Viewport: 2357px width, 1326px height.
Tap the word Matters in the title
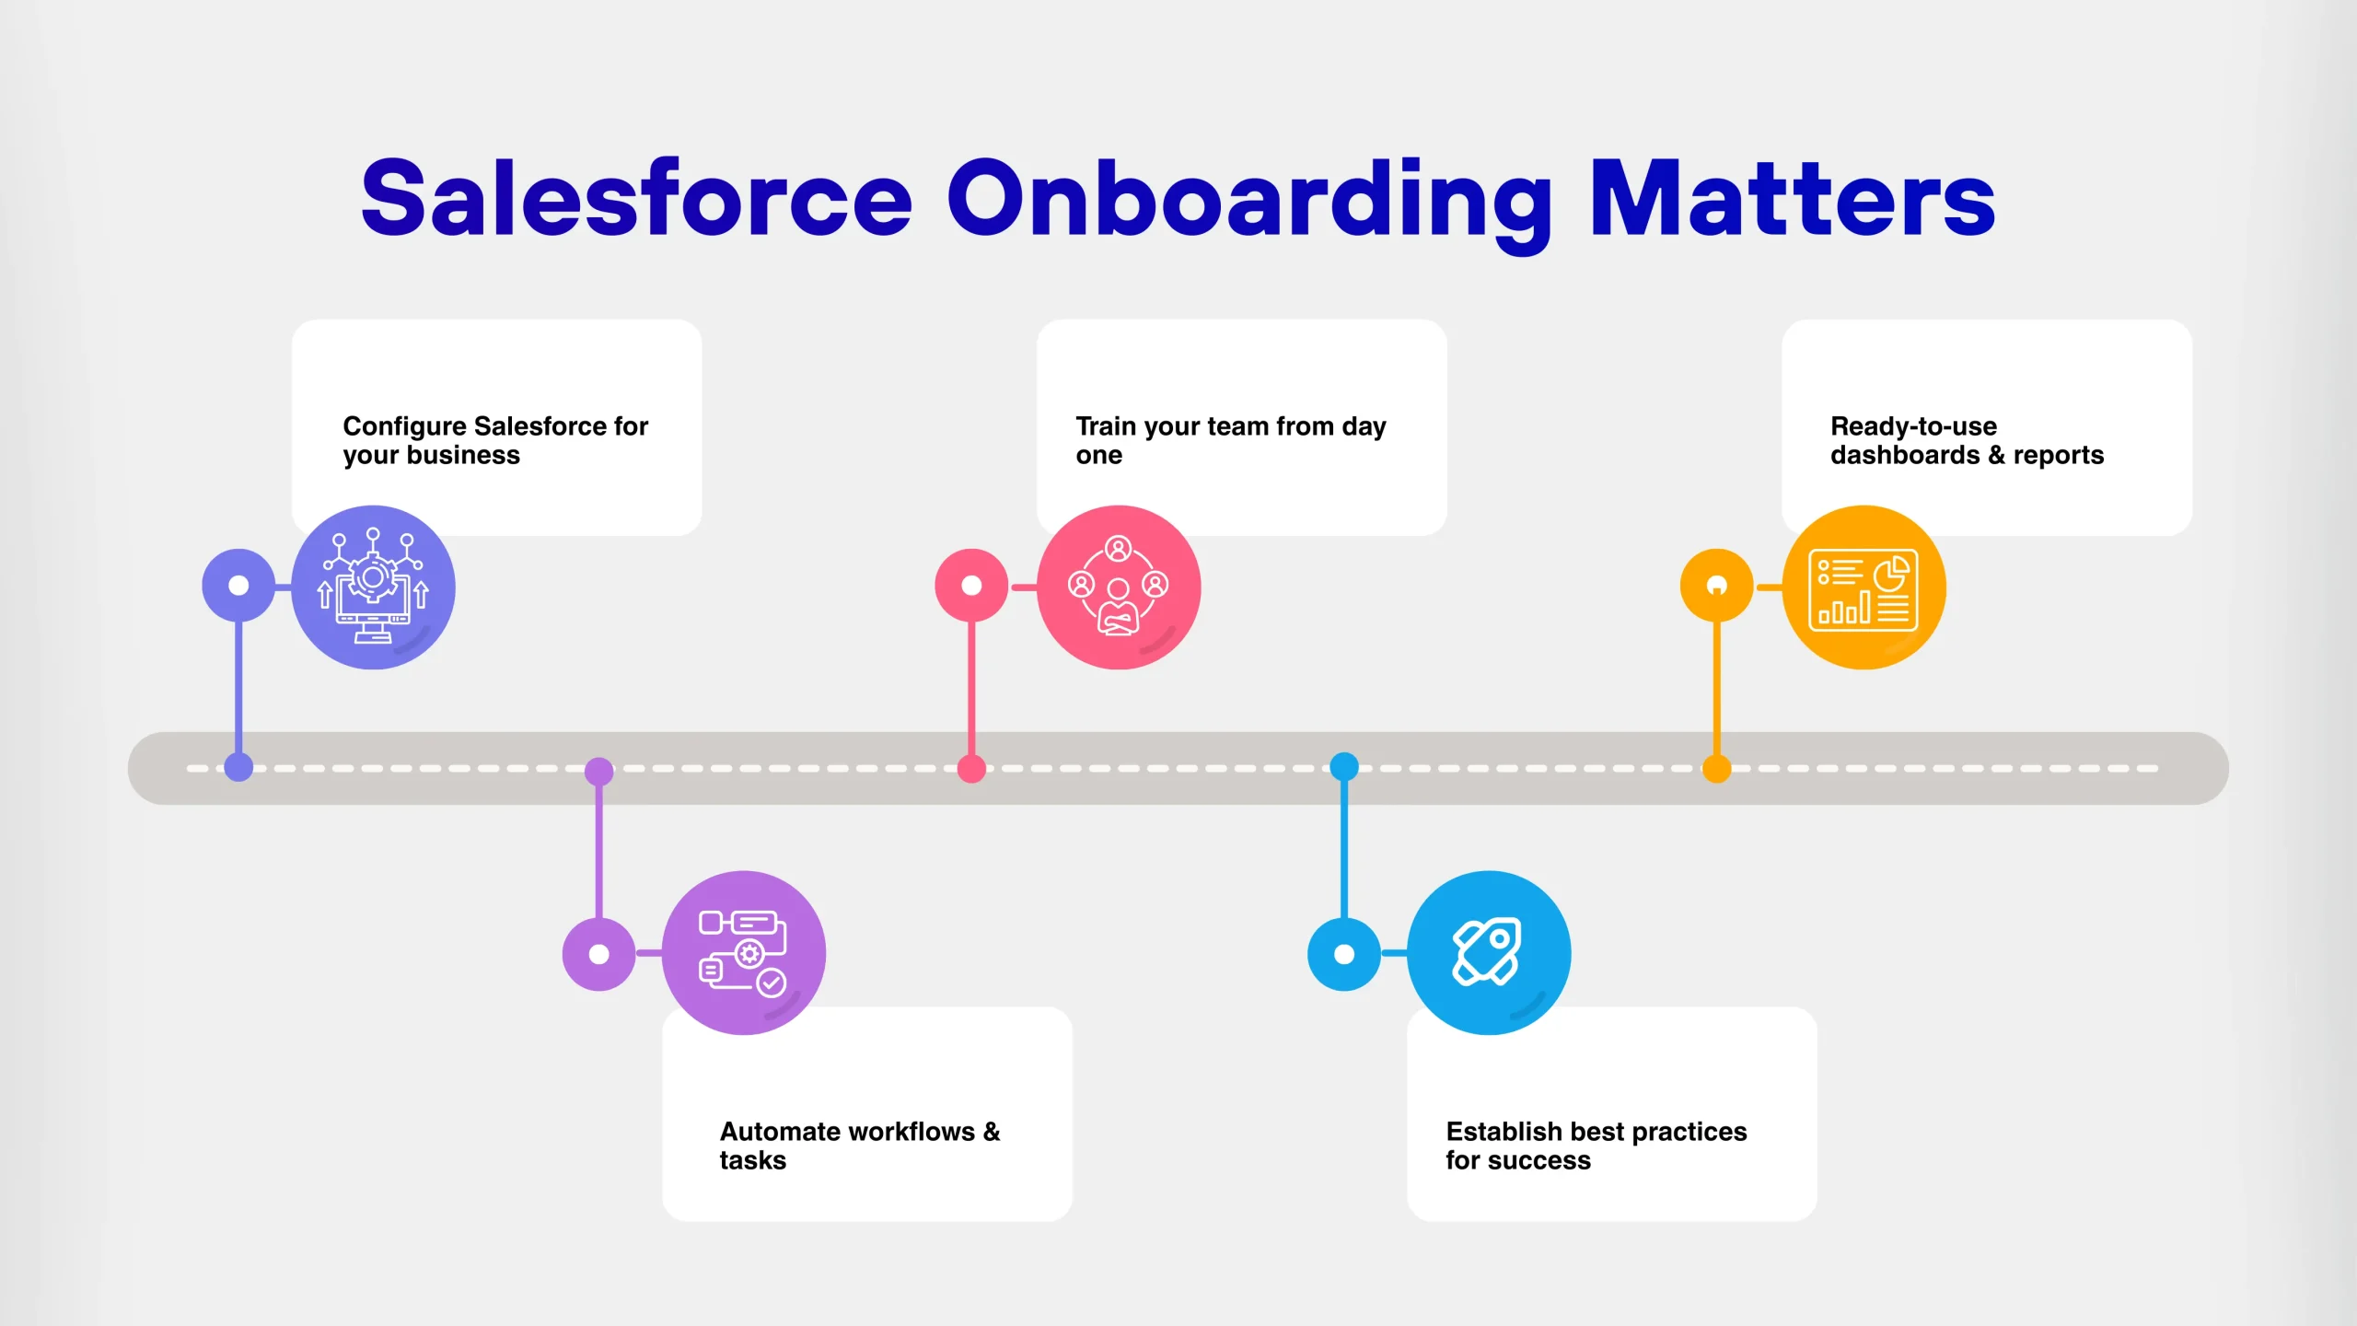pos(1792,198)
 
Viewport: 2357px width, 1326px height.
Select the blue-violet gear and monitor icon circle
pos(373,587)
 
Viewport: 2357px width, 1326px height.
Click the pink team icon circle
pos(1119,587)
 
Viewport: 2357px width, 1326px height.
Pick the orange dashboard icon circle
pos(1864,587)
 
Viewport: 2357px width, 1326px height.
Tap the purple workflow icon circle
pos(744,952)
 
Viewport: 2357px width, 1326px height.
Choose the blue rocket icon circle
pos(1489,952)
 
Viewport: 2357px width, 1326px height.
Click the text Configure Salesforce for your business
pos(495,440)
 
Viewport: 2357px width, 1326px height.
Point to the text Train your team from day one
pos(1230,440)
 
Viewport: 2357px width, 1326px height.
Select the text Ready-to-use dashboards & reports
pos(1967,440)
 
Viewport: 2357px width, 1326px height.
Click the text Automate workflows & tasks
pos(859,1145)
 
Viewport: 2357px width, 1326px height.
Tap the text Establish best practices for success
pos(1596,1145)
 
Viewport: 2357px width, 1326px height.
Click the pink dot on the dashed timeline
pos(971,768)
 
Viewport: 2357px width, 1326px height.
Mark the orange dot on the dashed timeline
pos(1716,768)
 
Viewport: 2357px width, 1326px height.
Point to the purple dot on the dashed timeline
pos(599,772)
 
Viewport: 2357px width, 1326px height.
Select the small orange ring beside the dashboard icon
pos(1716,586)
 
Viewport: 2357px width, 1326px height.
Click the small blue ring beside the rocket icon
pos(1344,954)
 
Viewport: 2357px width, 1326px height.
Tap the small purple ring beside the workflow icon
pos(599,954)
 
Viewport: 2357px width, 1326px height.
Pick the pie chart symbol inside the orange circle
pos(1891,575)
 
